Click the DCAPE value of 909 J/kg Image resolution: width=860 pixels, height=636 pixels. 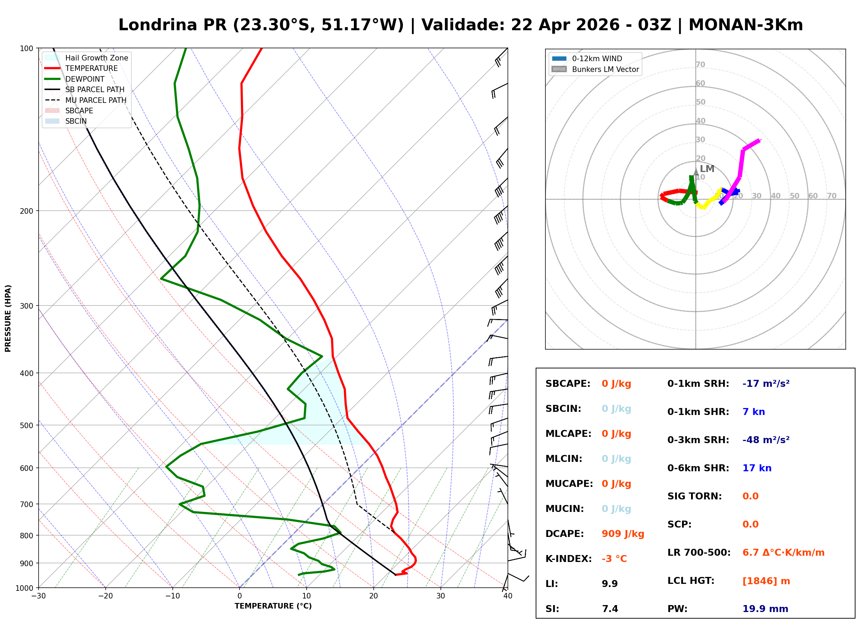[x=623, y=533]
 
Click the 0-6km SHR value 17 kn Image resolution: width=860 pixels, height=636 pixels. [x=756, y=468]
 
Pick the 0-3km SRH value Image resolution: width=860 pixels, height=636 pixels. [x=766, y=440]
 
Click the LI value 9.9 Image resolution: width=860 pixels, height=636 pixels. [x=609, y=584]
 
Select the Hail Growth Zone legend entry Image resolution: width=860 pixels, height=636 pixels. [x=96, y=58]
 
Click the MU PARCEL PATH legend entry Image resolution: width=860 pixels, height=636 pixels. [x=96, y=100]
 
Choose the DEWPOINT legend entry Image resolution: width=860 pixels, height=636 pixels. [x=85, y=79]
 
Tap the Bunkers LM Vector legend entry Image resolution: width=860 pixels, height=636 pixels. [x=605, y=69]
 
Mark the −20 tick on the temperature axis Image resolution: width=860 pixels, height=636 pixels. [x=105, y=596]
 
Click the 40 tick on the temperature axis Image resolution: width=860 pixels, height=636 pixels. [x=508, y=596]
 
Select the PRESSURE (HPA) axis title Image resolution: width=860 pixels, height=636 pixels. [x=8, y=318]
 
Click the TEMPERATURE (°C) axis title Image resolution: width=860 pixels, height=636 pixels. [x=273, y=606]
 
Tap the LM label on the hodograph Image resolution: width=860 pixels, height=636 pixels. [x=707, y=169]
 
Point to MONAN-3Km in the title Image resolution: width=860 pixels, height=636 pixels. [x=745, y=25]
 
